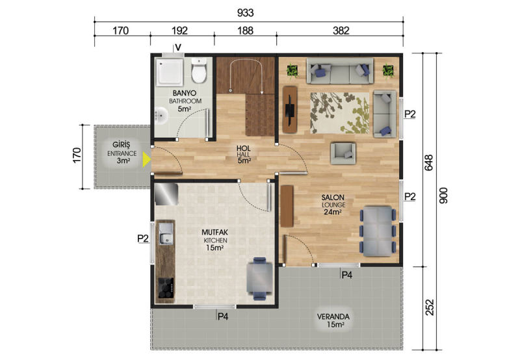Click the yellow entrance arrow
tap(146, 159)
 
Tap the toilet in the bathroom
tap(199, 71)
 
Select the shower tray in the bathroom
tap(170, 72)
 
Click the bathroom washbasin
tap(161, 116)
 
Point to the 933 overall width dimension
tap(246, 13)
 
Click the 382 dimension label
tap(341, 31)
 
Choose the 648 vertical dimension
tap(429, 162)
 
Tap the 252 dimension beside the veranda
tap(429, 307)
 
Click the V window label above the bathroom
tap(178, 47)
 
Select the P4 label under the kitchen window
tap(223, 317)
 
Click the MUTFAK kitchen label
tap(215, 233)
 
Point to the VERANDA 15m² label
tap(333, 320)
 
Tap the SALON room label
tap(333, 198)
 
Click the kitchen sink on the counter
tap(166, 233)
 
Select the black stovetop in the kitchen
tap(166, 288)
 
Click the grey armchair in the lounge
tap(343, 153)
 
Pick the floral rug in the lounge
tap(339, 113)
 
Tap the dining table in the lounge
tap(378, 231)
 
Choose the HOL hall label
tap(243, 148)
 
